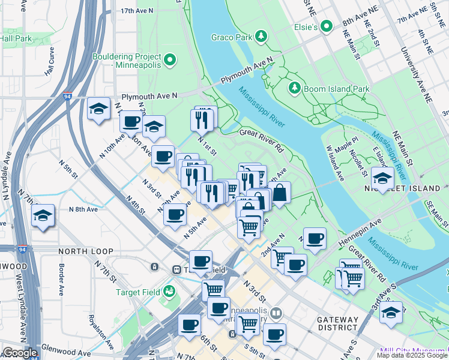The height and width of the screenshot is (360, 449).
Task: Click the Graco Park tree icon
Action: pos(261,37)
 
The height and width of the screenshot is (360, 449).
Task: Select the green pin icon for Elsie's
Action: pos(327,26)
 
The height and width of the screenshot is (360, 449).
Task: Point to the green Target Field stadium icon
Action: pos(169,292)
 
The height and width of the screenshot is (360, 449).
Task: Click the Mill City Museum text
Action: pos(413,351)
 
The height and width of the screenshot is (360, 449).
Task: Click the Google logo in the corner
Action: pos(19,353)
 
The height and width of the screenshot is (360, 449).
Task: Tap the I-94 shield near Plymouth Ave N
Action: pos(67,96)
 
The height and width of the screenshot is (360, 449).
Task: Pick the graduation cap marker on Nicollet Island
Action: pos(382,178)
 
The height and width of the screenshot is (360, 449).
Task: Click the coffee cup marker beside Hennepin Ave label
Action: pos(315,238)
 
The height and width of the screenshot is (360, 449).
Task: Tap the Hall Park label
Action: pos(16,38)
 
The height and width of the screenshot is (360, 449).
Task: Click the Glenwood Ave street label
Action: pos(67,354)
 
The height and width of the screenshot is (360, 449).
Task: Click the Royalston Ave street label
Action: pos(92,328)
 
